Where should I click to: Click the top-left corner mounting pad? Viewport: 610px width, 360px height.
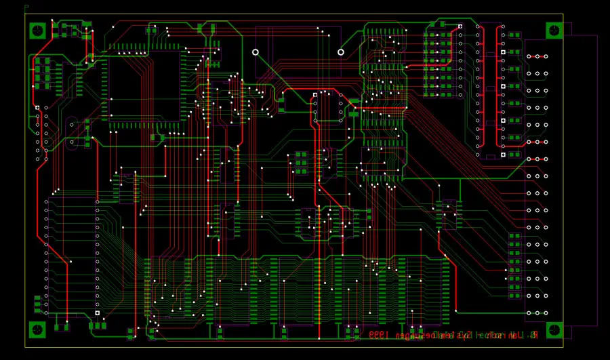point(38,31)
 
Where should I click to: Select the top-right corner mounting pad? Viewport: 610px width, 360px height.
point(554,31)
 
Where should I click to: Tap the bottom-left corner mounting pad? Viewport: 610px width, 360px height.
point(38,329)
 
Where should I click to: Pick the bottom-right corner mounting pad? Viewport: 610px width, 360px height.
point(554,329)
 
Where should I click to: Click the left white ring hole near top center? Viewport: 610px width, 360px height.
point(256,52)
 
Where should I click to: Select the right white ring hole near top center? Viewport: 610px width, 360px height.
point(341,52)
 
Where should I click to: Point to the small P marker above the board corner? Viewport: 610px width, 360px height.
point(26,7)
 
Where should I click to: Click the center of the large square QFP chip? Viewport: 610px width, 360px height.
point(145,86)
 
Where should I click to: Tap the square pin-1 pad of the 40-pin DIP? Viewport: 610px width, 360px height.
point(98,313)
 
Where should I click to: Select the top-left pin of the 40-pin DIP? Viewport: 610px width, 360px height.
point(47,201)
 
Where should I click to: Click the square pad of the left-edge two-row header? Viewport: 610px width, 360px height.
point(38,108)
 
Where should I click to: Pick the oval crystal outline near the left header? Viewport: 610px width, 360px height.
point(72,133)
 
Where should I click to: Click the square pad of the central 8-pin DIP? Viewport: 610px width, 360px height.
point(315,95)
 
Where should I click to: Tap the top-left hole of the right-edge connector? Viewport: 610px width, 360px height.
point(529,56)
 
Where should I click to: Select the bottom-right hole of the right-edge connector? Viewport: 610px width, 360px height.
point(546,313)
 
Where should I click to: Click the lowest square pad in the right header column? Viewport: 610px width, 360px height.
point(503,155)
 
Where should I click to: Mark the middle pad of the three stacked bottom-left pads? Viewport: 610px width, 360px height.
point(38,304)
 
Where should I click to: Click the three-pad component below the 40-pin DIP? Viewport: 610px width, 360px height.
point(98,325)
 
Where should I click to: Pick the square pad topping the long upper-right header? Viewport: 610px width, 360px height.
point(460,26)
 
